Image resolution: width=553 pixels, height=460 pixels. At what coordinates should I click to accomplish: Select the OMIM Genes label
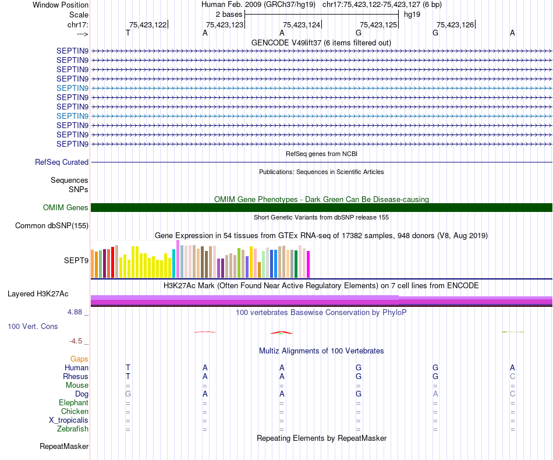click(66, 208)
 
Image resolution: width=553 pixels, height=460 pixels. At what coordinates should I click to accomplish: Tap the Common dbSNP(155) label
click(52, 226)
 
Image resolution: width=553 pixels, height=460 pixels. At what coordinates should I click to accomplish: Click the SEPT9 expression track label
click(76, 261)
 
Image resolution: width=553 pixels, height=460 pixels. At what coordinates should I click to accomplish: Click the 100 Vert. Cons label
click(33, 327)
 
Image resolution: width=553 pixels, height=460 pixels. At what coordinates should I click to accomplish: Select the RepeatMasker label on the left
click(64, 447)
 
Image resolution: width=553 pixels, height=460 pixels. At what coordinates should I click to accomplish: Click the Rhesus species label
click(76, 377)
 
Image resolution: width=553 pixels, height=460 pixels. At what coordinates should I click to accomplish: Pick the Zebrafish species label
click(74, 429)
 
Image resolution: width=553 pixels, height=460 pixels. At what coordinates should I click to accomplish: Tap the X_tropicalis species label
click(69, 420)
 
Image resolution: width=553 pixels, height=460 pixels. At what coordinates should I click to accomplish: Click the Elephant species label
click(73, 403)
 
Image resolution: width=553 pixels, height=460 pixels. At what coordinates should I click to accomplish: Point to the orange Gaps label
click(79, 359)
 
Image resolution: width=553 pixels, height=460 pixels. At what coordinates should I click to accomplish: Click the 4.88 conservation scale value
click(75, 312)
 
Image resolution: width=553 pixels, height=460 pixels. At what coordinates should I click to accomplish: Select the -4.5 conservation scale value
click(76, 341)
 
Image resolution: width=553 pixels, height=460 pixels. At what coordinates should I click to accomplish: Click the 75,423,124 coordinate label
click(302, 24)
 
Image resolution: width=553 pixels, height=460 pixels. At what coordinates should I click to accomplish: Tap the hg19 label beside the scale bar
click(412, 14)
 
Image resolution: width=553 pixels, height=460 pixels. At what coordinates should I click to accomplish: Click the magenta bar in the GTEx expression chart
click(308, 264)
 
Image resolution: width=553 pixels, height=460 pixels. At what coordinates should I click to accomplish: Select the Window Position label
click(61, 5)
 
